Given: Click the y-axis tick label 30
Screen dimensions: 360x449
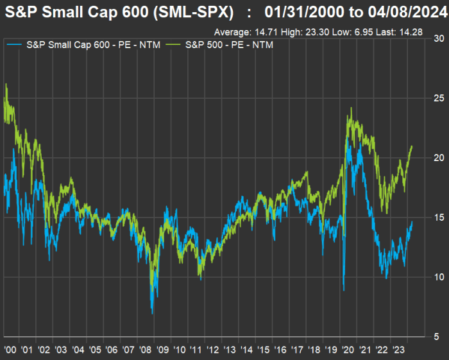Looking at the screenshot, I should pyautogui.click(x=439, y=39).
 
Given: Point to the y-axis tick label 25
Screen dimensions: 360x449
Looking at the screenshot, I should pyautogui.click(x=439, y=98).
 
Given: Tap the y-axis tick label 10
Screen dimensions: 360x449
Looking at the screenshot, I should pyautogui.click(x=439, y=277).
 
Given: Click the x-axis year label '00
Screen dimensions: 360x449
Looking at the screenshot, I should pyautogui.click(x=10, y=350).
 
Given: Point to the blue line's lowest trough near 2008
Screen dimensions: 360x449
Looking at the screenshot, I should pyautogui.click(x=152, y=313).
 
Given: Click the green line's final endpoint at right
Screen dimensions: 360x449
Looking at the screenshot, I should pyautogui.click(x=412, y=146).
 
